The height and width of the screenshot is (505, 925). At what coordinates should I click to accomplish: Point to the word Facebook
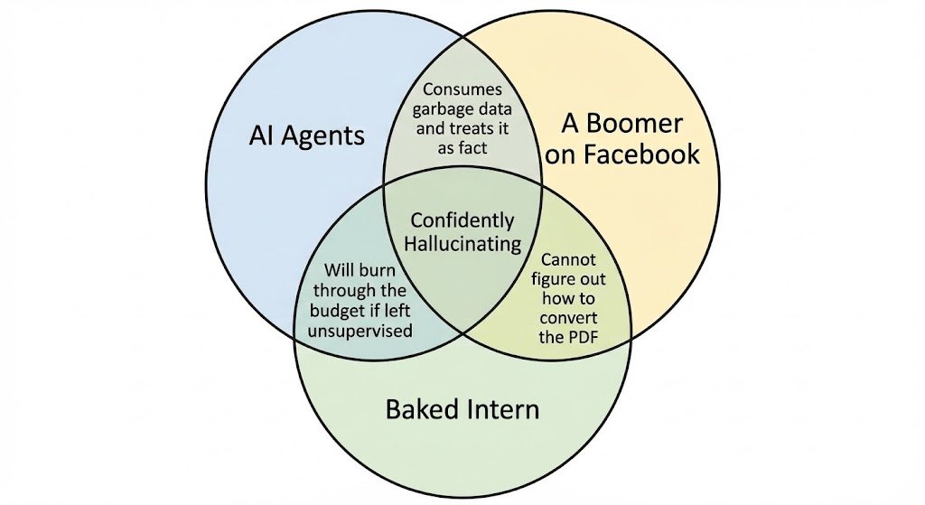coord(640,154)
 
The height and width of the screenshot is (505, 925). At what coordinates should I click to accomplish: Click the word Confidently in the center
coord(462,220)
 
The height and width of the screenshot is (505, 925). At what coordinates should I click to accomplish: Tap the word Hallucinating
coord(462,243)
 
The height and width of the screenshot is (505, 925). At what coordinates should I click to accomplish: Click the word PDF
coord(588,338)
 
